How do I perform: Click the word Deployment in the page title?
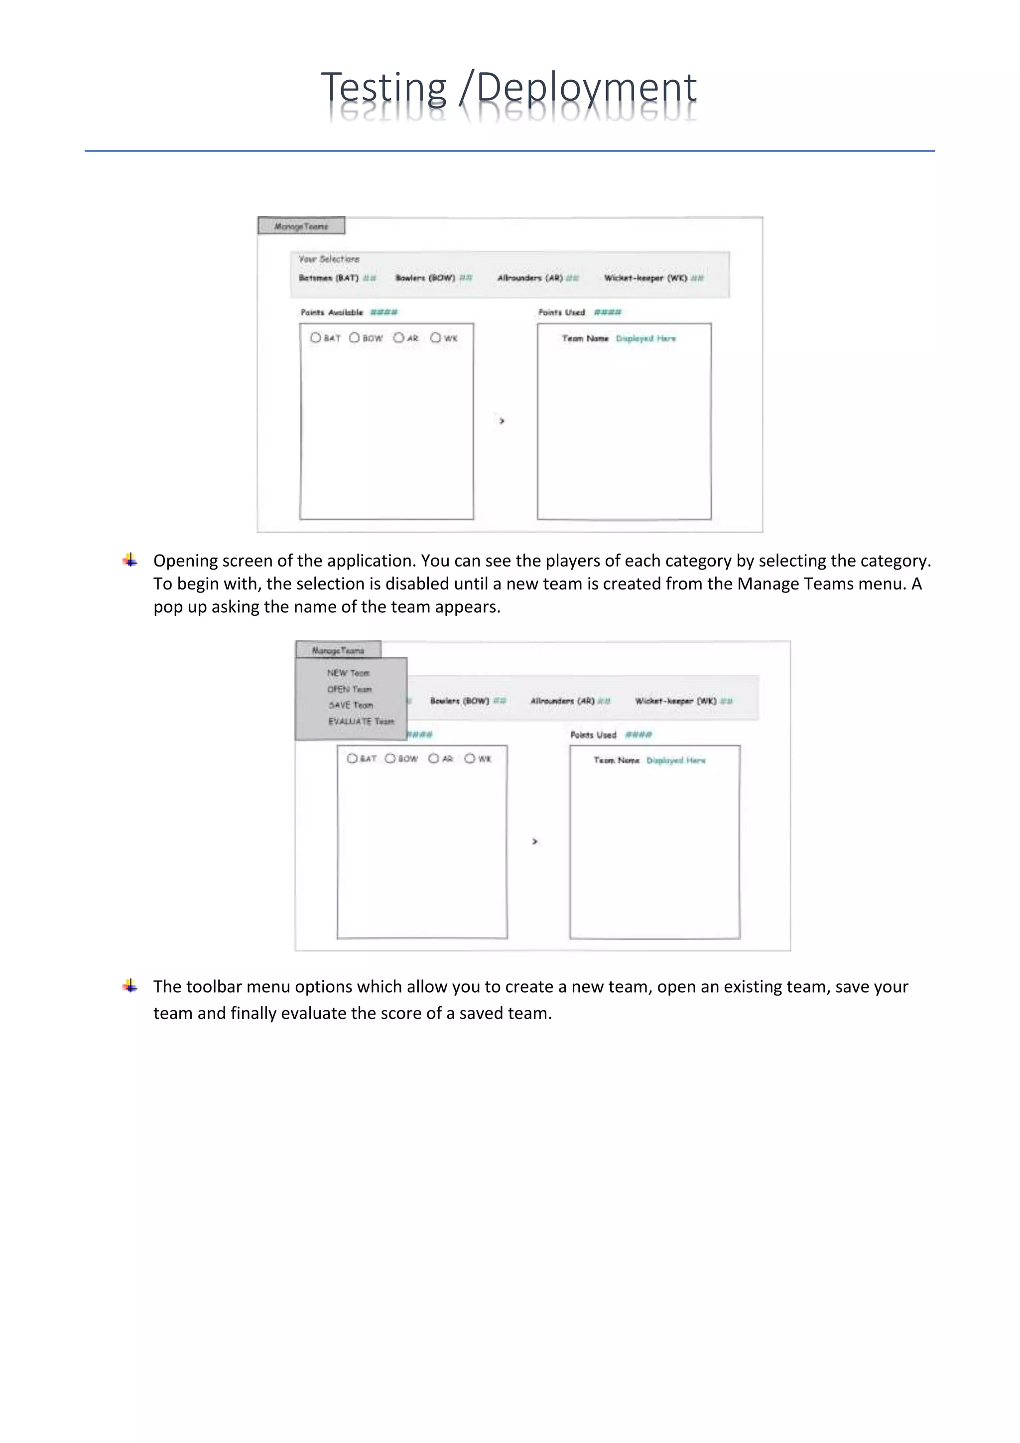tap(586, 88)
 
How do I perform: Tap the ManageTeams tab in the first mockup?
tap(301, 226)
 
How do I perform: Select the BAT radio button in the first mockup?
tap(315, 337)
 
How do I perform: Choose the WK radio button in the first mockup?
tap(435, 337)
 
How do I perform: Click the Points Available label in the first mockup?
tap(332, 312)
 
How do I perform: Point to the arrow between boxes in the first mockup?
tap(501, 421)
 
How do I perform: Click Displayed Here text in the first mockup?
tap(645, 338)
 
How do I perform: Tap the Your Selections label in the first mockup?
tap(329, 259)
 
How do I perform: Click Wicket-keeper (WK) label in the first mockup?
tap(645, 278)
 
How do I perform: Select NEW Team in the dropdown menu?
tap(348, 673)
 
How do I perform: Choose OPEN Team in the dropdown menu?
tap(349, 689)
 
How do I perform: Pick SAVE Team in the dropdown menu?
tap(351, 705)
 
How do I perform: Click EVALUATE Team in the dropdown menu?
tap(361, 721)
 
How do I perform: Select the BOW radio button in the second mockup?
tap(390, 758)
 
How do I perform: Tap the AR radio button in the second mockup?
tap(433, 758)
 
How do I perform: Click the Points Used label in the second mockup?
tap(593, 734)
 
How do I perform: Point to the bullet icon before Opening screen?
tap(130, 560)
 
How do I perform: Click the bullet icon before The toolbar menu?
tap(130, 986)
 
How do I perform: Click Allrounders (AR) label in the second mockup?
tap(562, 701)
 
